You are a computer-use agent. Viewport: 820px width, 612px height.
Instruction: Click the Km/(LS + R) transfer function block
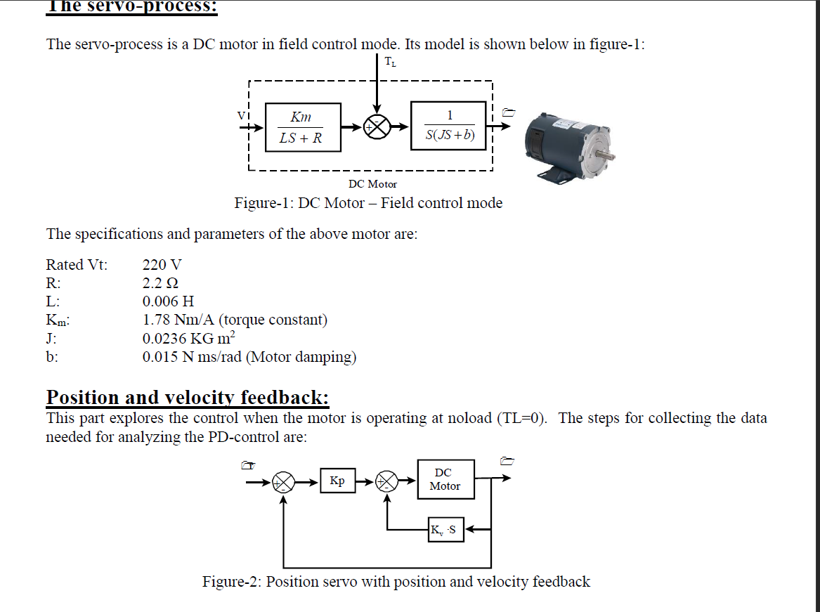304,127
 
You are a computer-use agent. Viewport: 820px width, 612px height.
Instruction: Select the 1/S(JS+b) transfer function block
449,126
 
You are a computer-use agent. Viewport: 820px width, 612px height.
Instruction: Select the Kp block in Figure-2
337,481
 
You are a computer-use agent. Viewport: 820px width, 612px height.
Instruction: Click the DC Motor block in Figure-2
445,479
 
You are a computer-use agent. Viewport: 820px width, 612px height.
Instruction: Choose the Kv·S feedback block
445,530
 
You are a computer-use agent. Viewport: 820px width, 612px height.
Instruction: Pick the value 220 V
162,265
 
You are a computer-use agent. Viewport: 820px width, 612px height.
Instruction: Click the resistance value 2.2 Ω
160,283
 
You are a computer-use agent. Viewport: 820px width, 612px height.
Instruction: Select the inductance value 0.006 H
168,301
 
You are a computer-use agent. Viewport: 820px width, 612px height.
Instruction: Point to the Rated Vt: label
77,265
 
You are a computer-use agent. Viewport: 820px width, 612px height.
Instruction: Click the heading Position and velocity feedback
188,398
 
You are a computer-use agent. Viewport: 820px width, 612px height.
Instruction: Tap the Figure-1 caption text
368,203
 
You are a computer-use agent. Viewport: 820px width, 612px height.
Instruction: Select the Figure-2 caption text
396,582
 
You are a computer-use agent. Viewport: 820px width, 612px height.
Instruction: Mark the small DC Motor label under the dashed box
372,184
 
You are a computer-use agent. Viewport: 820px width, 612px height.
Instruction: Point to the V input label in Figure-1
241,115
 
